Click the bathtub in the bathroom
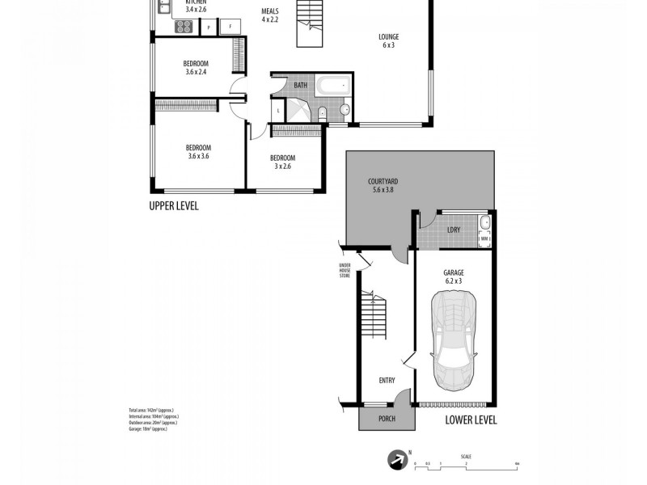(x=332, y=85)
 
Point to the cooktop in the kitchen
(x=184, y=25)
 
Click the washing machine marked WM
(x=485, y=238)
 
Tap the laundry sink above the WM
(x=485, y=222)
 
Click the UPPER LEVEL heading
(x=173, y=206)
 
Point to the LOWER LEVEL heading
(x=471, y=420)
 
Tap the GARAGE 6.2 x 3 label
(x=453, y=277)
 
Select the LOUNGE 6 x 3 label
(x=388, y=40)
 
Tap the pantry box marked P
(x=209, y=27)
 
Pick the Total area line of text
(x=151, y=411)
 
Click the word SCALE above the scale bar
(x=467, y=457)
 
